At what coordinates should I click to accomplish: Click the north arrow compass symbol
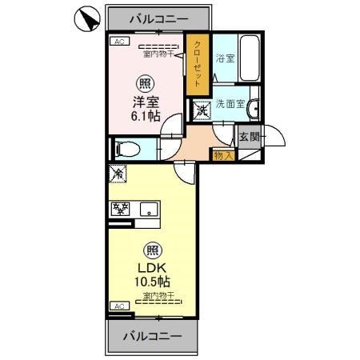(87, 18)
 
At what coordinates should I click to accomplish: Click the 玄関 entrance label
(250, 137)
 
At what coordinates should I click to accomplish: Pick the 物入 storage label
(222, 154)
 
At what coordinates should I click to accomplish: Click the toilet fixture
(127, 148)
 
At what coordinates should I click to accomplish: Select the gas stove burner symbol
(122, 210)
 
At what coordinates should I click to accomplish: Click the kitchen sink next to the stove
(148, 210)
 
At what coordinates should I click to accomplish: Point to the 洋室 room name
(146, 102)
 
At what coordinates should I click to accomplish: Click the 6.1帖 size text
(146, 117)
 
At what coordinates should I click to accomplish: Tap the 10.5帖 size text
(151, 281)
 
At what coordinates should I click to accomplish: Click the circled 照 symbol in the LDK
(150, 248)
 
